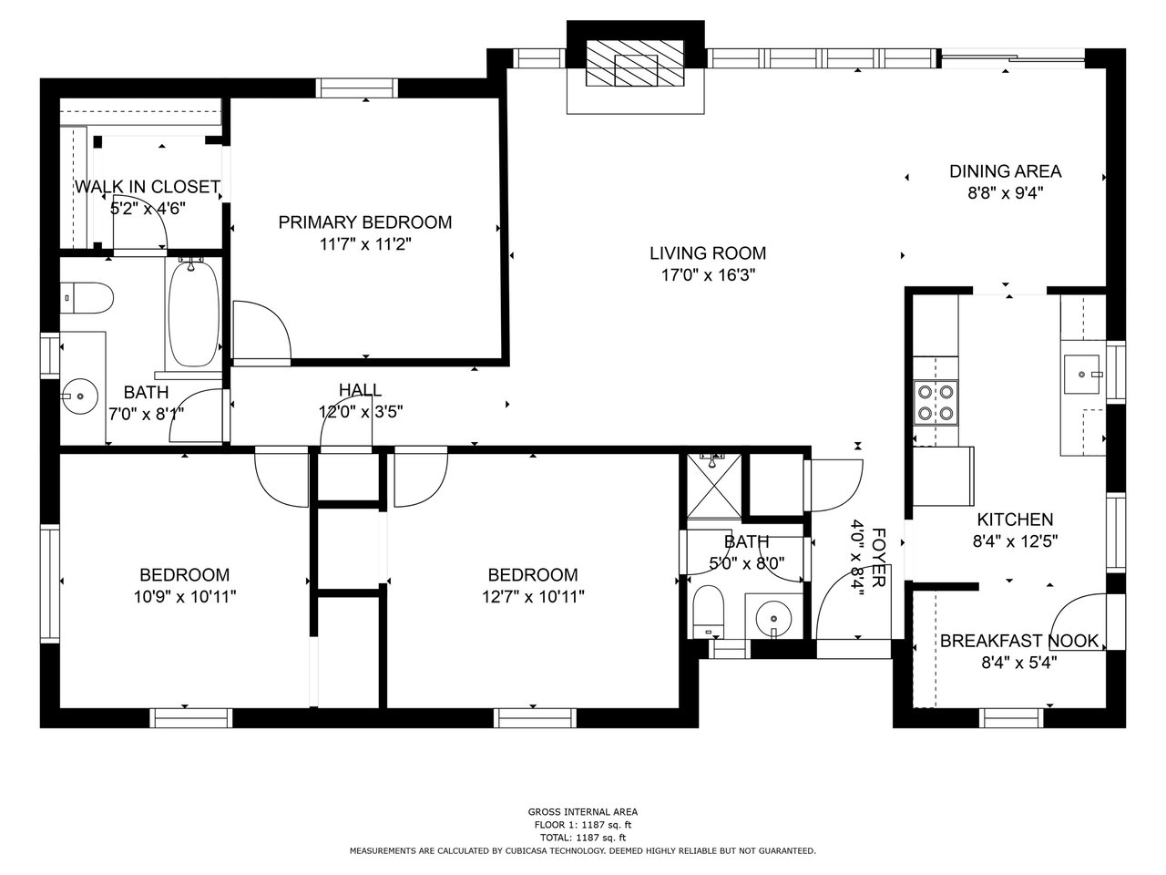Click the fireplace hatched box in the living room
tap(635, 63)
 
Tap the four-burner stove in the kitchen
tap(936, 403)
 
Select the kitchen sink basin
tap(1081, 375)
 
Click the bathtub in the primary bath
tap(193, 314)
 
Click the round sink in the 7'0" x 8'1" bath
tap(79, 396)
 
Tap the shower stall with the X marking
tap(713, 486)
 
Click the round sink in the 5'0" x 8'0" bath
tap(773, 619)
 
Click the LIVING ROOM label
tap(708, 252)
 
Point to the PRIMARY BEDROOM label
tap(365, 222)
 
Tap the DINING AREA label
tap(1006, 171)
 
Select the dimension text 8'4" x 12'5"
tap(1015, 541)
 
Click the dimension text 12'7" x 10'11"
tap(533, 597)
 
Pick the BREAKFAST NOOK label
tap(1019, 641)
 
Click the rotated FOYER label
tap(879, 558)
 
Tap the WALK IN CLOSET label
tap(148, 187)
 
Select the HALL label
tap(360, 390)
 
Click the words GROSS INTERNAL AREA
tap(583, 811)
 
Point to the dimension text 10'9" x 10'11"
tap(185, 597)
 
